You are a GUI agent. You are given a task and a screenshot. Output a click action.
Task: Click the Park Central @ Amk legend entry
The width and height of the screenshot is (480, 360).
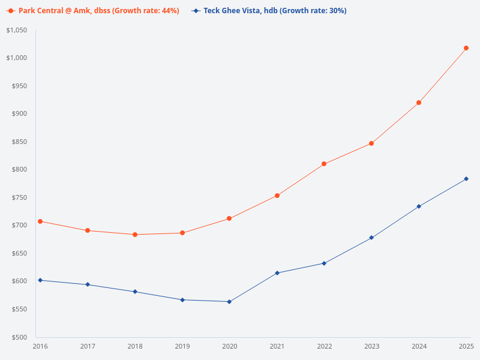(x=93, y=11)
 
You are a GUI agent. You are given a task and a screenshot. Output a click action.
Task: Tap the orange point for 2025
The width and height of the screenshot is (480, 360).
(x=466, y=48)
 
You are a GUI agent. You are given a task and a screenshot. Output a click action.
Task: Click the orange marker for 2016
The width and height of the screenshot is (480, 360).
(x=40, y=221)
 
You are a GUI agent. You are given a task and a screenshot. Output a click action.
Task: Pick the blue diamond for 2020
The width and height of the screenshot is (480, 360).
(x=229, y=302)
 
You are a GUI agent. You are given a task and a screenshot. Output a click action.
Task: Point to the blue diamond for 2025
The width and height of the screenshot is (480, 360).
(x=466, y=179)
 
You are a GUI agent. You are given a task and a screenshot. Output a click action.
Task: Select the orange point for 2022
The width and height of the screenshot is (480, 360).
(x=324, y=164)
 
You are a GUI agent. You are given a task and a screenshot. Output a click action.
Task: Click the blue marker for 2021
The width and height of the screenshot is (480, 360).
(x=277, y=273)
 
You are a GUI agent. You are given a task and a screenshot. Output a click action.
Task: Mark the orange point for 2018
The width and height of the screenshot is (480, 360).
(x=135, y=235)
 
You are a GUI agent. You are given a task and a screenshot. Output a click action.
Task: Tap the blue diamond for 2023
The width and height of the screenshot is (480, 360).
(x=371, y=238)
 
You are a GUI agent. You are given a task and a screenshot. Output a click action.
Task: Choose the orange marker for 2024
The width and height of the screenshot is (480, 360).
(x=419, y=103)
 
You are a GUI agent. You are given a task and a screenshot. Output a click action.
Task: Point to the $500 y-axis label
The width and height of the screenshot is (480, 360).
(x=19, y=337)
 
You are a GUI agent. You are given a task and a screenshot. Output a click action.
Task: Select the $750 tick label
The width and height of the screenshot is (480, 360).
(x=19, y=197)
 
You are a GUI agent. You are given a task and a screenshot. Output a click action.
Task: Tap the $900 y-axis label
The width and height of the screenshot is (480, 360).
(x=19, y=113)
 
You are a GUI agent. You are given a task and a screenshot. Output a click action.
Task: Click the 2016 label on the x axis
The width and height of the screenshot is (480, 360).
(x=40, y=346)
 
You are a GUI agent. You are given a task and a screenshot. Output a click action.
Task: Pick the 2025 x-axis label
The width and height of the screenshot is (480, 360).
(x=466, y=346)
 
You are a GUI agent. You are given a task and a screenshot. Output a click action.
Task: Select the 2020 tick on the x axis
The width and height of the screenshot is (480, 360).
(x=229, y=346)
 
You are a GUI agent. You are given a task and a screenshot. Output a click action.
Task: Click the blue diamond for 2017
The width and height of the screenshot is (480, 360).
(x=88, y=284)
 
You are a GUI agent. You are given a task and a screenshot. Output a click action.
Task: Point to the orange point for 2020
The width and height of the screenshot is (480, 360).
(x=229, y=218)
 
